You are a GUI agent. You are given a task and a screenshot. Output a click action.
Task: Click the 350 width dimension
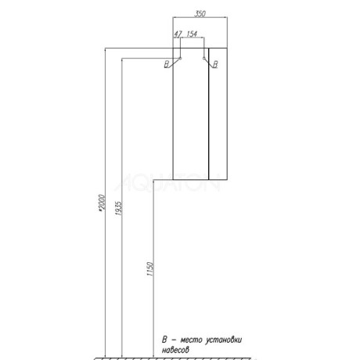point(200,13)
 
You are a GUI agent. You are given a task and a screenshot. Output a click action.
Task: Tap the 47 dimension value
point(178,34)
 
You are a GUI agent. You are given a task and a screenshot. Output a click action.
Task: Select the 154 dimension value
point(192,34)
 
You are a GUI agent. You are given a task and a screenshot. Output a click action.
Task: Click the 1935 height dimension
point(118,208)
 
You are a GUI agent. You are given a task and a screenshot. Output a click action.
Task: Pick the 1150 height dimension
point(150,269)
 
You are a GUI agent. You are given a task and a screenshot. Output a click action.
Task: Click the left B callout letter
point(167,64)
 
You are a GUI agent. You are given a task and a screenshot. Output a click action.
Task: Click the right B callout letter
point(215,64)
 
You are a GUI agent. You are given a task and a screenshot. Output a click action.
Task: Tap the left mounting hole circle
point(180,58)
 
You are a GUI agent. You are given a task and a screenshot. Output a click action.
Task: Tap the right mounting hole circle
point(203,58)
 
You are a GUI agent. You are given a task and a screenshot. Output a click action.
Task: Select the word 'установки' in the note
point(224,340)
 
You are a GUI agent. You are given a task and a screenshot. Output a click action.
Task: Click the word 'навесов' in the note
point(175,350)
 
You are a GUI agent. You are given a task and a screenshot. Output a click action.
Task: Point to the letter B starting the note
point(164,340)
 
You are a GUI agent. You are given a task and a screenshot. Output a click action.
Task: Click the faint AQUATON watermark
point(167,182)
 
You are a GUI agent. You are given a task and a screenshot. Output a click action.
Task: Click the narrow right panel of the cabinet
point(218,114)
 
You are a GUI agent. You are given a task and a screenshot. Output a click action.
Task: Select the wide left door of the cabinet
point(191,114)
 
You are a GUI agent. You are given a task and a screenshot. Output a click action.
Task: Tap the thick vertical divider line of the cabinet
point(209,114)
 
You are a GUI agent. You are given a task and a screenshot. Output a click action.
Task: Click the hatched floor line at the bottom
point(172,358)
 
